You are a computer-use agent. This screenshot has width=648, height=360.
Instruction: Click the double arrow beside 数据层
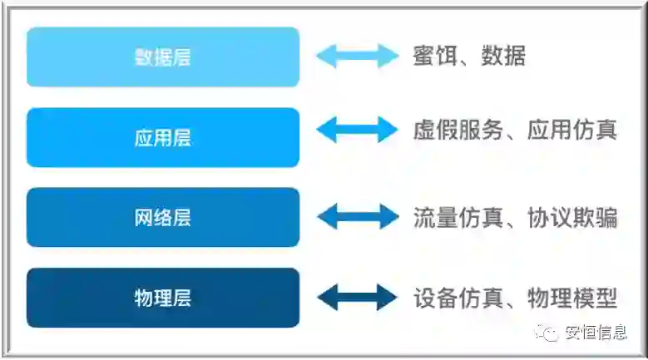coord(358,56)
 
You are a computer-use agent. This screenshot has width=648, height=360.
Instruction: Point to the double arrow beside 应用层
coord(358,130)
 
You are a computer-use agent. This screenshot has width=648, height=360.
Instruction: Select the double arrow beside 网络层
coord(358,217)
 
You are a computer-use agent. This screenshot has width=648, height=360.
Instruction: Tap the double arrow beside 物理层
coord(358,297)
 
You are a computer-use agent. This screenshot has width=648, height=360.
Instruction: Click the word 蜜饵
coord(432,57)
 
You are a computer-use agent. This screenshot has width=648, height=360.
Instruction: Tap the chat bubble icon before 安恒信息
coord(550,333)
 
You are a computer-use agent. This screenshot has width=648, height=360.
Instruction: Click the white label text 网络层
coord(162,218)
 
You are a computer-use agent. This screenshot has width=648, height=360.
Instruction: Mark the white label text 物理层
coord(162,298)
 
